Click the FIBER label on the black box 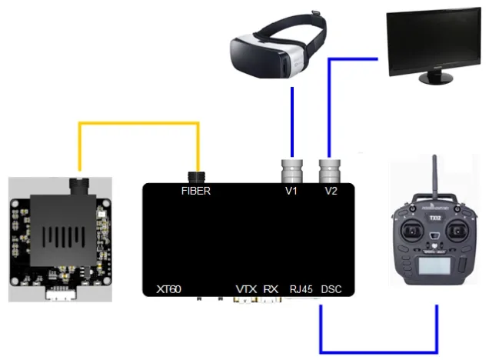[196, 191]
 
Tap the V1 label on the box [291, 191]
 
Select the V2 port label [331, 191]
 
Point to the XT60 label [168, 289]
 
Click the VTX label [246, 289]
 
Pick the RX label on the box [271, 289]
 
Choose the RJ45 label [301, 289]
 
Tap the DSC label [331, 289]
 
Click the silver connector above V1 [292, 171]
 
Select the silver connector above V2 [330, 171]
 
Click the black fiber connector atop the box [197, 177]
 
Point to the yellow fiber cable [138, 124]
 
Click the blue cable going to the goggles [292, 122]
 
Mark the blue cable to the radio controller [378, 352]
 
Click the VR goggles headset [278, 47]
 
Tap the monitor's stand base [436, 78]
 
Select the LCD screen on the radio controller [434, 266]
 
